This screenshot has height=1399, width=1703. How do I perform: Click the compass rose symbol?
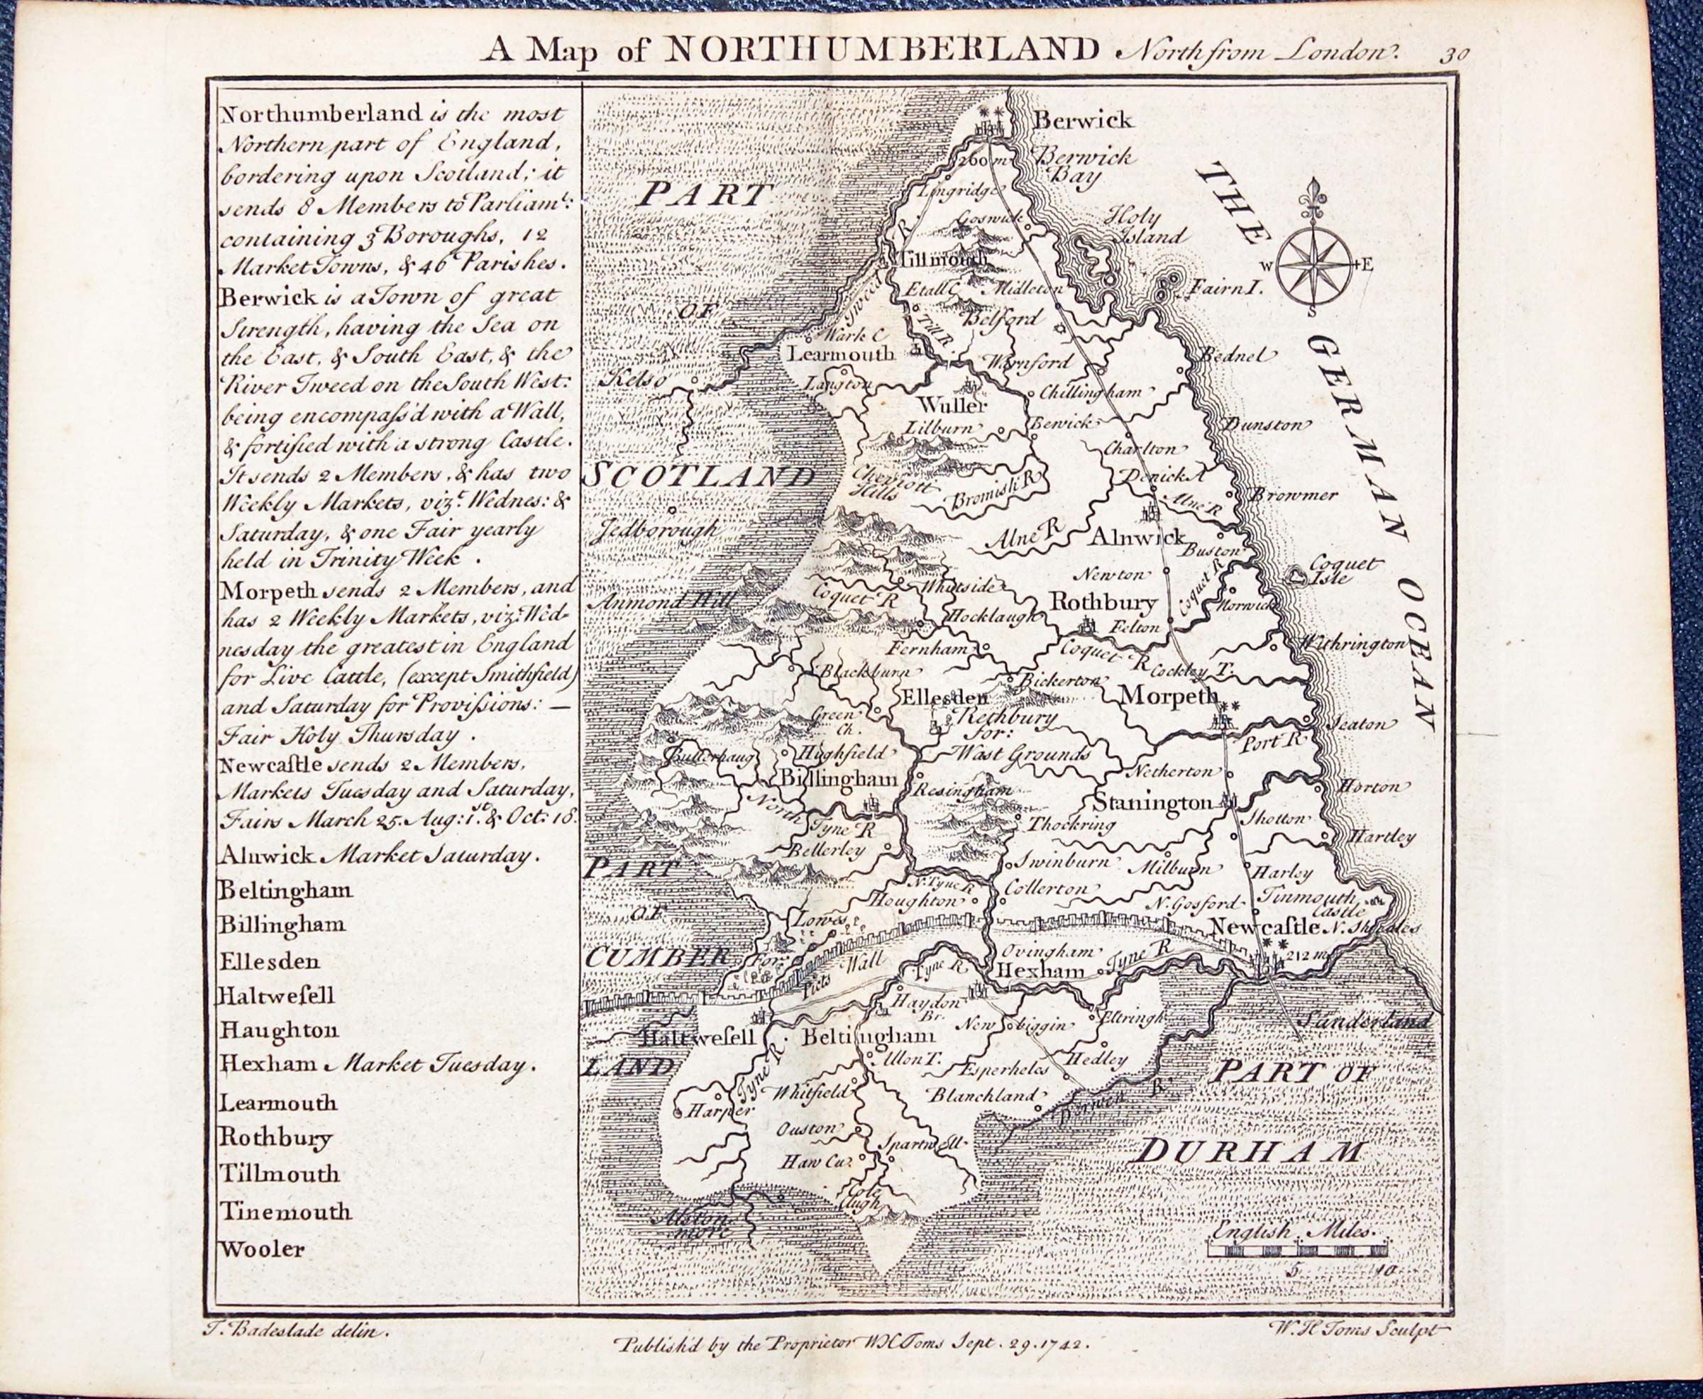(1316, 263)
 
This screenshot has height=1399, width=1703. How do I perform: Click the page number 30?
(1455, 54)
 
